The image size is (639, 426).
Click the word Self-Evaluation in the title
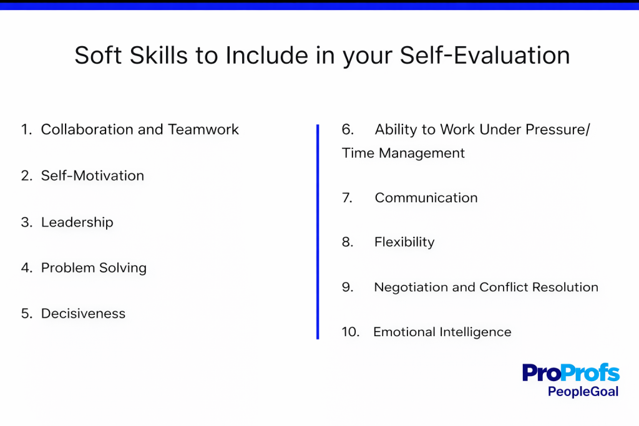point(485,56)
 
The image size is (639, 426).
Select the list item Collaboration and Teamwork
point(140,130)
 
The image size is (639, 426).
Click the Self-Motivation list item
point(92,176)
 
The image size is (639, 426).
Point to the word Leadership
point(77,222)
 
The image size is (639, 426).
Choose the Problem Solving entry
point(94,268)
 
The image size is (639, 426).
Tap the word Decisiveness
point(83,314)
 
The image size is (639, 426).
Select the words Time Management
point(403,153)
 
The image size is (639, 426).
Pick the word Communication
point(426,198)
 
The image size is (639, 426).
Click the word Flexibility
point(404,242)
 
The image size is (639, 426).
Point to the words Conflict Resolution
point(539,288)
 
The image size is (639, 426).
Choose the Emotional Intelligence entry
point(442,332)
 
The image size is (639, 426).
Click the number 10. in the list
point(351,332)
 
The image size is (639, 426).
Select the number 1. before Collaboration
point(26,130)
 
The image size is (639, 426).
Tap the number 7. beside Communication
point(348,198)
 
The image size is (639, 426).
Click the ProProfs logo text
point(570,373)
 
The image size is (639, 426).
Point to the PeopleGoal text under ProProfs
point(583,392)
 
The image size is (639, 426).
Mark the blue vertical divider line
point(318,231)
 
